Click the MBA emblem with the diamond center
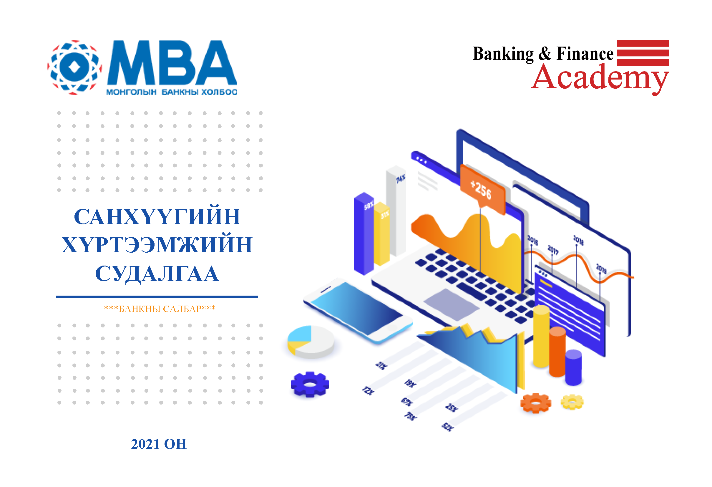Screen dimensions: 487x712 74,67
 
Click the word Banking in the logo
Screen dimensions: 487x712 503,54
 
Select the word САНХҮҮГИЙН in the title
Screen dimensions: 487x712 157,217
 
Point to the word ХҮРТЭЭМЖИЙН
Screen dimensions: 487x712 157,245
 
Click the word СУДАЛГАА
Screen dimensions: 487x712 157,273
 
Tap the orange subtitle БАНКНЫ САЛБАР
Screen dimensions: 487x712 160,309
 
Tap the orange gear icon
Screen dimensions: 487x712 535,403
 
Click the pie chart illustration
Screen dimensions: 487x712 311,342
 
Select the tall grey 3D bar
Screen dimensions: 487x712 396,211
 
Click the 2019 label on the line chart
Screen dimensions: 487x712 601,269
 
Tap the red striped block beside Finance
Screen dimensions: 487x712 643,53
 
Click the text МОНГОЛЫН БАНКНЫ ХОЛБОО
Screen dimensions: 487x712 172,92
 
